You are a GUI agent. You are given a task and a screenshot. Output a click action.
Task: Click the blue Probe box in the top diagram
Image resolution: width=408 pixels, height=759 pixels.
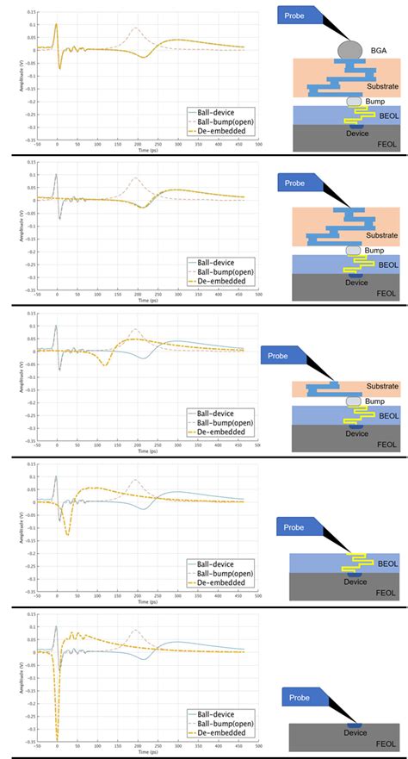tap(301, 15)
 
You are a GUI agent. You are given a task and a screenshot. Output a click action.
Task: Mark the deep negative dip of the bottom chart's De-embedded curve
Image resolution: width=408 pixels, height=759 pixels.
tap(58, 739)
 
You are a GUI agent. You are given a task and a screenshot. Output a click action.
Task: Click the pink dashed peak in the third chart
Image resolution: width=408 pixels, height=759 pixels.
tap(133, 330)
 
